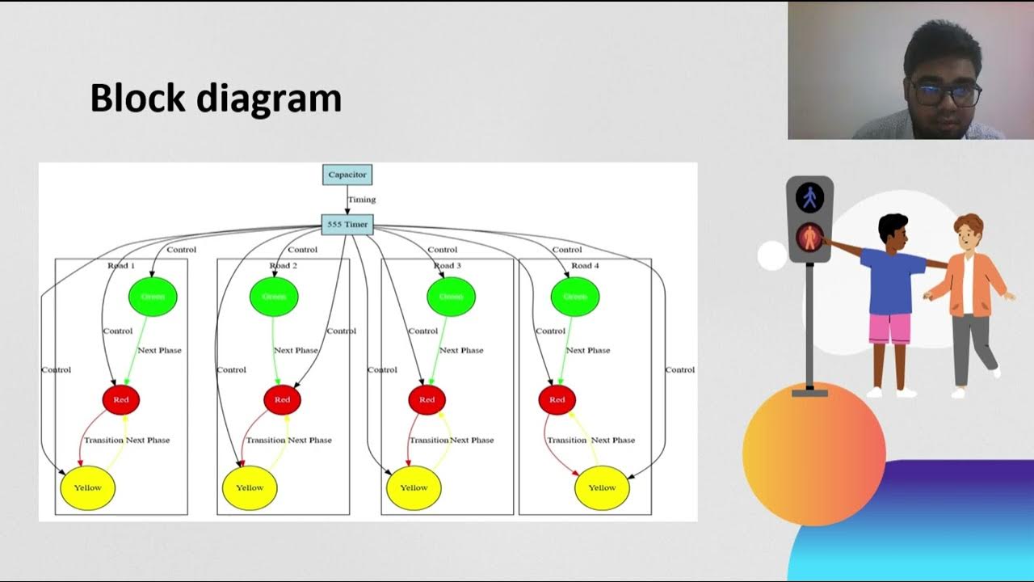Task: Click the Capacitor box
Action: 347,175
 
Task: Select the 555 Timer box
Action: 347,224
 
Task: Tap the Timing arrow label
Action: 361,200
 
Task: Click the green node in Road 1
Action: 153,297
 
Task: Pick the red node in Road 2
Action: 282,399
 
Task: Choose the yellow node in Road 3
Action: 414,487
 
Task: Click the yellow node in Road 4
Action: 602,487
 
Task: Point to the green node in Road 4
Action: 574,297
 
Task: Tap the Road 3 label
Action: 448,265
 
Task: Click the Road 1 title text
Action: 121,265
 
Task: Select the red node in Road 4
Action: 557,399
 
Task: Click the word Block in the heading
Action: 138,99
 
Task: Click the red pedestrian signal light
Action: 809,238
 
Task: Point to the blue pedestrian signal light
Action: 809,197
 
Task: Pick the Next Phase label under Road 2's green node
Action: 296,351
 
